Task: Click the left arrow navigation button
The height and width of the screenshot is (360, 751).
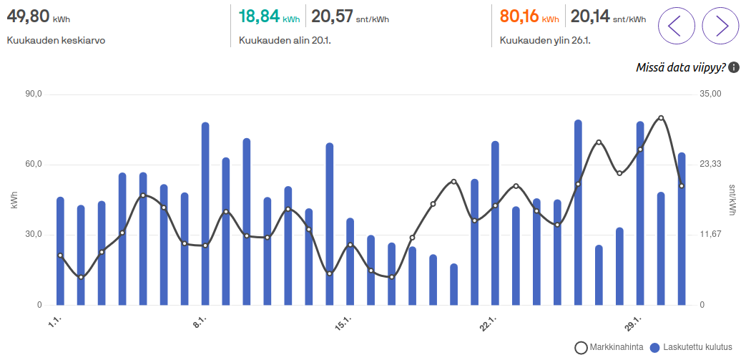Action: point(677,26)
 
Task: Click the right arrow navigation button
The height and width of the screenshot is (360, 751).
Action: point(720,26)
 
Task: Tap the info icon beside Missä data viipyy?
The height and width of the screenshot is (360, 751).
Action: point(733,67)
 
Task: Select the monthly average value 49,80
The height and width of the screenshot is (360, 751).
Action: point(28,16)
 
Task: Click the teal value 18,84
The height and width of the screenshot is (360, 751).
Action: point(259,16)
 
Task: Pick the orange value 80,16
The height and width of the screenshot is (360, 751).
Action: point(520,16)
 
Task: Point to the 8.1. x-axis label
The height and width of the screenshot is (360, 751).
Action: point(200,321)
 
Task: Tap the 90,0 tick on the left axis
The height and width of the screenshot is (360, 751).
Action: point(34,94)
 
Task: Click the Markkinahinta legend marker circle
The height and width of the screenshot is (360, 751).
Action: point(581,348)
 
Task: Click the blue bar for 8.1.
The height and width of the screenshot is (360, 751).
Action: point(205,214)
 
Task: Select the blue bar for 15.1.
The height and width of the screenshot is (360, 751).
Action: point(350,262)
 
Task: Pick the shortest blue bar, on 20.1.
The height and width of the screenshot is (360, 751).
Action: point(453,284)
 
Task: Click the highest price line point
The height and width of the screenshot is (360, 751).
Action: point(661,117)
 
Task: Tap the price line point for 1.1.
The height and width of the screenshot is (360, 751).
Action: point(60,255)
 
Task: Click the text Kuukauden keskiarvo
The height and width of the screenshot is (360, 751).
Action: point(56,40)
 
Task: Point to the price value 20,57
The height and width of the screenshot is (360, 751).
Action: point(332,16)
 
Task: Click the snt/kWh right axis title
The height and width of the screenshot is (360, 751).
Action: point(732,200)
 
